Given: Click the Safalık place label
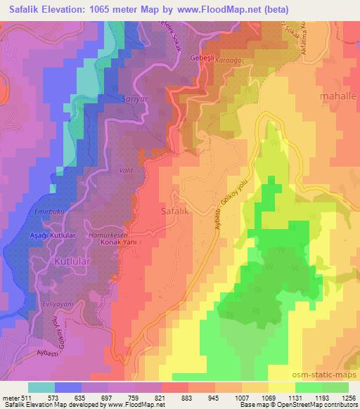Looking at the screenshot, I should (174, 209).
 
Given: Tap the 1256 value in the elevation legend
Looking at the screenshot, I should (347, 398).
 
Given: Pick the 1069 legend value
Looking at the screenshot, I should (268, 398).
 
